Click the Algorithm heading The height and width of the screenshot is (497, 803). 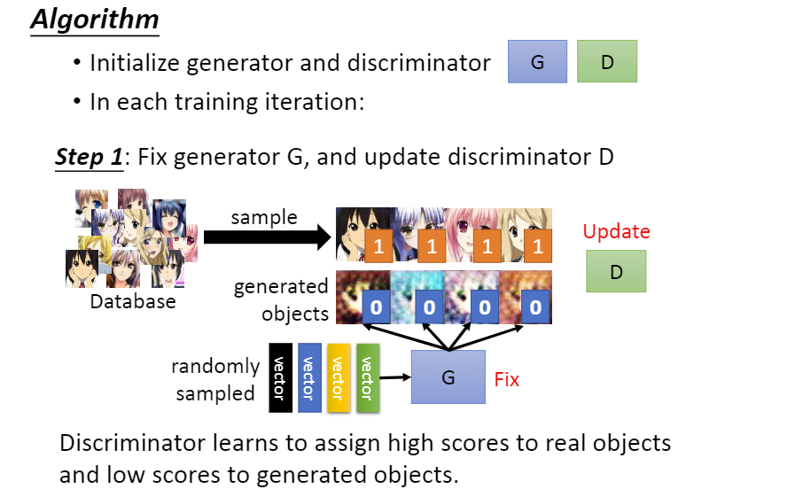[95, 19]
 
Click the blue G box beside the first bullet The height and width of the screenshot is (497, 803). [537, 62]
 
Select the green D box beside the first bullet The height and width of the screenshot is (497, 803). [607, 62]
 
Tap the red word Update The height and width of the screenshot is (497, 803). [616, 232]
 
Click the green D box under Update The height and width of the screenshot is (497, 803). [616, 271]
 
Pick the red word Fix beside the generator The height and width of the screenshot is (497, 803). [506, 379]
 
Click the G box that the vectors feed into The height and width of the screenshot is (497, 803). [448, 377]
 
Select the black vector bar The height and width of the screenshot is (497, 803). [280, 377]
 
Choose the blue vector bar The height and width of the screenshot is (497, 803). [309, 377]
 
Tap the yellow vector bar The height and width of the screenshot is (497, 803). [338, 377]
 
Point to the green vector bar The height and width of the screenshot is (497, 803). [367, 377]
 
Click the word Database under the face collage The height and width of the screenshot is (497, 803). [133, 302]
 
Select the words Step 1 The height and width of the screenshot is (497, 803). [90, 158]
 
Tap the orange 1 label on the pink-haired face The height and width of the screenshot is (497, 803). [485, 245]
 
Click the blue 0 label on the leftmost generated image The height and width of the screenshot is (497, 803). [376, 308]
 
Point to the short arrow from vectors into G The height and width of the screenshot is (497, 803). [395, 377]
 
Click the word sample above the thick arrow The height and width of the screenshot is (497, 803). [264, 217]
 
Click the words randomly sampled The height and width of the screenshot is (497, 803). [215, 379]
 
